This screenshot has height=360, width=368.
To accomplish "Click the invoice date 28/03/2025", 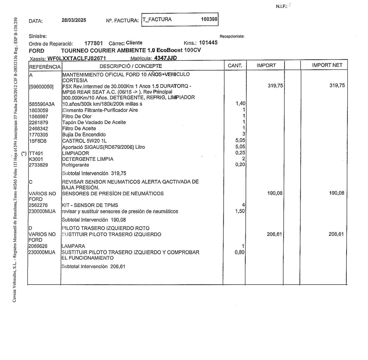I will [x=74, y=20].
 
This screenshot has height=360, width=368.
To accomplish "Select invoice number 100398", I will [x=209, y=19].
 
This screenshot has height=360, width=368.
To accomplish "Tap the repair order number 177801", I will [x=94, y=43].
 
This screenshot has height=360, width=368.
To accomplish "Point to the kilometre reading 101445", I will [x=208, y=43].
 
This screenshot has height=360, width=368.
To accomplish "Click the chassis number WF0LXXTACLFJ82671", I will [x=77, y=58].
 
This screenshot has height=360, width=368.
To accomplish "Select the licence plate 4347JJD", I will [x=165, y=58].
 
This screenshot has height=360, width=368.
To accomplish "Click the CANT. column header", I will [x=235, y=66].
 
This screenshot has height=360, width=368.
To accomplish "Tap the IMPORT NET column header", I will [x=327, y=65].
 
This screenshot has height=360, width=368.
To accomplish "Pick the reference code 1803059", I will [x=39, y=110].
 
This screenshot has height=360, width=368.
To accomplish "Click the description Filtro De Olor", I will [x=77, y=116].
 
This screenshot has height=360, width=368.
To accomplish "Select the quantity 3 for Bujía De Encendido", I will [x=244, y=134].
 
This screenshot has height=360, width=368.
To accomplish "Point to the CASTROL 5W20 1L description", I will [x=84, y=141].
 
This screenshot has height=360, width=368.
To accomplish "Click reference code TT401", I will [x=36, y=153].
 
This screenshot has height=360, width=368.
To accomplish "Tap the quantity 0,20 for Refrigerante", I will [x=240, y=164].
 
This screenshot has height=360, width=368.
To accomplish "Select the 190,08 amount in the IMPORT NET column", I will [x=337, y=193].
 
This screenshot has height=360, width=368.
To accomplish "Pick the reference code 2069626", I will [x=38, y=246].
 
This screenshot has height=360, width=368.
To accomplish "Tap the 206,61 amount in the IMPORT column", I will [x=274, y=234].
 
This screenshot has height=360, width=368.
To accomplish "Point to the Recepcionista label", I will [x=232, y=36].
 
